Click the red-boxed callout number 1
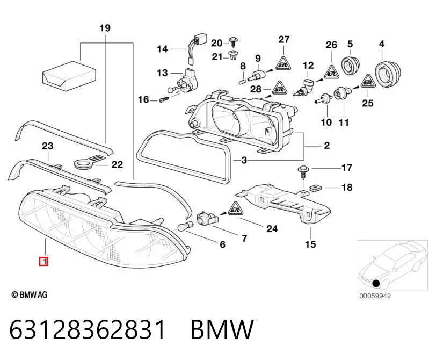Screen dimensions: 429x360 (44, 262)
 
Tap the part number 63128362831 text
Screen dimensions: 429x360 (88, 329)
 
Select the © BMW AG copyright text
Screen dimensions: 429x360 (30, 294)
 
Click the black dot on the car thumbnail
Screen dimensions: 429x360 (376, 283)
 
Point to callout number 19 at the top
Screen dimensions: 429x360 (105, 28)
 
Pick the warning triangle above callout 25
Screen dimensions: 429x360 (368, 81)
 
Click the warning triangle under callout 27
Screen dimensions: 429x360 (283, 64)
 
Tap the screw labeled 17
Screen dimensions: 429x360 (302, 172)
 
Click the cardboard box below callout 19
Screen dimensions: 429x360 (69, 76)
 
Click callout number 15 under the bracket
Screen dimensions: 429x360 (310, 244)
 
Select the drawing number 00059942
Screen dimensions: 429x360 (375, 296)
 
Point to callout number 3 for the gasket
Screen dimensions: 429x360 (244, 160)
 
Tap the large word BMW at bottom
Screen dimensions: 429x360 (222, 329)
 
